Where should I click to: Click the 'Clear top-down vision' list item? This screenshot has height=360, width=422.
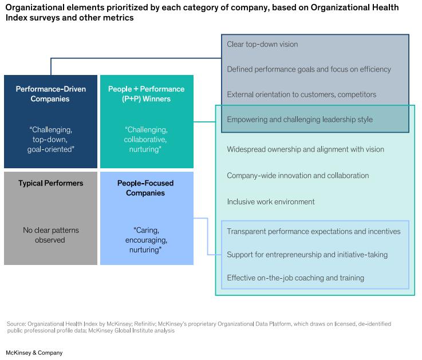(262, 44)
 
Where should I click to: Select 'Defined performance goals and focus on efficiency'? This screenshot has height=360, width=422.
(309, 69)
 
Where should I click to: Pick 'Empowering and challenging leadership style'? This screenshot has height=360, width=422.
(299, 120)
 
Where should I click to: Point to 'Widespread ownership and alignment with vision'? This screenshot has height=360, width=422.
(305, 149)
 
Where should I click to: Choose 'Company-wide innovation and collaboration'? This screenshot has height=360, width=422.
(298, 176)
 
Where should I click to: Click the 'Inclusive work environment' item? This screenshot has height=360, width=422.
(271, 201)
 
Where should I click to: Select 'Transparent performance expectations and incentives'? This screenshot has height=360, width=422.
(314, 231)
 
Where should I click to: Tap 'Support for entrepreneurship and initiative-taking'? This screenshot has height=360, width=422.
(307, 254)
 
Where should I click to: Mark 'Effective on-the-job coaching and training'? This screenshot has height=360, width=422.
(295, 278)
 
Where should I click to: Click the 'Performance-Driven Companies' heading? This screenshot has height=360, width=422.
(50, 94)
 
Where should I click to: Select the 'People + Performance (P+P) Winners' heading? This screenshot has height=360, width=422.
(146, 94)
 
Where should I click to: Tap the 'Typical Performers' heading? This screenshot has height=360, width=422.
(50, 184)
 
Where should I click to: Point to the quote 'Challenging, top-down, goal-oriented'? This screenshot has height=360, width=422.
(50, 139)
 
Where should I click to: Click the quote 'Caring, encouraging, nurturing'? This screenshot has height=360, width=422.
(146, 240)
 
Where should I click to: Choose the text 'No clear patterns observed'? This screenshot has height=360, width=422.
(50, 235)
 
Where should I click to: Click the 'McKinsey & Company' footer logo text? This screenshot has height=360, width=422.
(34, 353)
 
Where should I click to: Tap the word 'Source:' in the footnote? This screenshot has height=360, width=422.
(16, 324)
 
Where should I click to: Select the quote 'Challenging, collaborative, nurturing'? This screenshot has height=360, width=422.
(146, 139)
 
